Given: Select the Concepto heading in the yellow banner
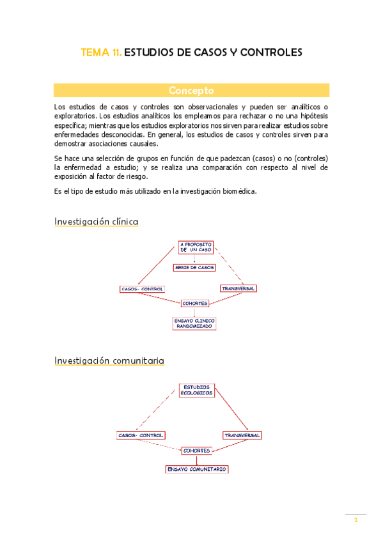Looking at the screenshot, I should (x=191, y=90).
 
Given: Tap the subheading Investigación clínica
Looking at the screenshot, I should (x=96, y=222).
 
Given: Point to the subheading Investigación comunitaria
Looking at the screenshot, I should (x=109, y=360).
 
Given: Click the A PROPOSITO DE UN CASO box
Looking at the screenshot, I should (x=196, y=247).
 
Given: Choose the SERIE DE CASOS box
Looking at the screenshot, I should (x=194, y=267).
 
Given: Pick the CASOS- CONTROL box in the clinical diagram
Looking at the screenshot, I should (x=142, y=289).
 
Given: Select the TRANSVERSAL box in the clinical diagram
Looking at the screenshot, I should (x=238, y=288).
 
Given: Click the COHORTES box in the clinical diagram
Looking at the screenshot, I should (x=194, y=303).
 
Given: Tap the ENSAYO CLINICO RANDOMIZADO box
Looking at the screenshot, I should (x=194, y=323).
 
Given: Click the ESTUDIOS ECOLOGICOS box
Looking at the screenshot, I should (x=198, y=391).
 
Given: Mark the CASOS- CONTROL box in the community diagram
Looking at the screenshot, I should (x=140, y=435).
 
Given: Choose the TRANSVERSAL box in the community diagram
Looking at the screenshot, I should (x=242, y=435).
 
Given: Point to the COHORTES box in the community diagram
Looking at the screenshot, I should (x=196, y=451).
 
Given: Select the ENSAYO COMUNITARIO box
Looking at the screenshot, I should (x=196, y=469).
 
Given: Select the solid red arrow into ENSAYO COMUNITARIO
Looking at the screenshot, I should (x=196, y=460).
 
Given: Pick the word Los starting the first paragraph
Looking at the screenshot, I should (x=59, y=106).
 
